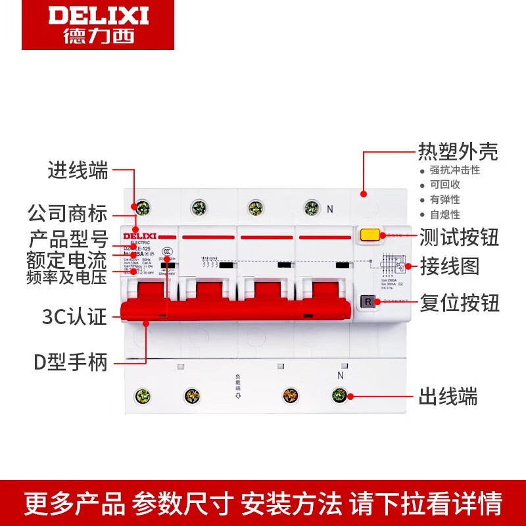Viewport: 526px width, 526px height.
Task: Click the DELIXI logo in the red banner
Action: (x=98, y=24)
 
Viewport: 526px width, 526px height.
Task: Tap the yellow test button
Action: (x=370, y=235)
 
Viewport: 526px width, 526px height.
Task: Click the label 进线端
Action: (x=78, y=171)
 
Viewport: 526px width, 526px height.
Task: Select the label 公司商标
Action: (x=67, y=214)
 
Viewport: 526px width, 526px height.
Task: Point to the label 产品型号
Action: (x=67, y=237)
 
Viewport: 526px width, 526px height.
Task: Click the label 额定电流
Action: (x=67, y=258)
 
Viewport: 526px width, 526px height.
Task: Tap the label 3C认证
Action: (x=72, y=318)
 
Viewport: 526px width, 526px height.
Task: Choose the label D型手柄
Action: (x=70, y=362)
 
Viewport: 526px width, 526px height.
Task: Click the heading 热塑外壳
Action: (x=458, y=153)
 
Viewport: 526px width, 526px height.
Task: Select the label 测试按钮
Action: (x=460, y=237)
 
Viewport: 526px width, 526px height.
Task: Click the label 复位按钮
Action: (x=460, y=303)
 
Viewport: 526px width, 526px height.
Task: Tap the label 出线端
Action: (x=448, y=396)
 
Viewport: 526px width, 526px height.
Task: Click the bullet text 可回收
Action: (x=445, y=185)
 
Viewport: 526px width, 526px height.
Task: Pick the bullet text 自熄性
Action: (x=445, y=214)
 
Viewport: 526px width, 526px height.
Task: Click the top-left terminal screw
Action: (x=141, y=208)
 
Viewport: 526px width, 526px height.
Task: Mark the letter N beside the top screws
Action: (x=331, y=210)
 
